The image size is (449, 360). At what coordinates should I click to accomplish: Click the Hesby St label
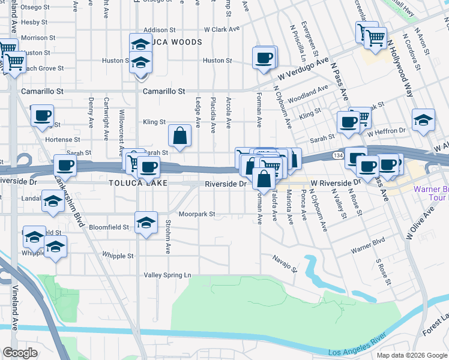tap(34, 22)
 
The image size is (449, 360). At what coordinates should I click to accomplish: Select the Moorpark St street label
tap(196, 214)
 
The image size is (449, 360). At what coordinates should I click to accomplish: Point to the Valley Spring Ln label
tap(167, 275)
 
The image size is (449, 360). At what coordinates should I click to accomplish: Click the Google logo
tap(20, 353)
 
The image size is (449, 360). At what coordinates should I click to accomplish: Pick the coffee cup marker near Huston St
tap(264, 58)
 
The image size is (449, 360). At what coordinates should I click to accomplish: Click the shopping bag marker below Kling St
tap(179, 136)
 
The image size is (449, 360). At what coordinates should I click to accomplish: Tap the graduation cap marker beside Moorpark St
tap(145, 223)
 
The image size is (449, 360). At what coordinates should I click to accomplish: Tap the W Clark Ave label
tap(221, 29)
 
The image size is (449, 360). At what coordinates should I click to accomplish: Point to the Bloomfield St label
tap(109, 227)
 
